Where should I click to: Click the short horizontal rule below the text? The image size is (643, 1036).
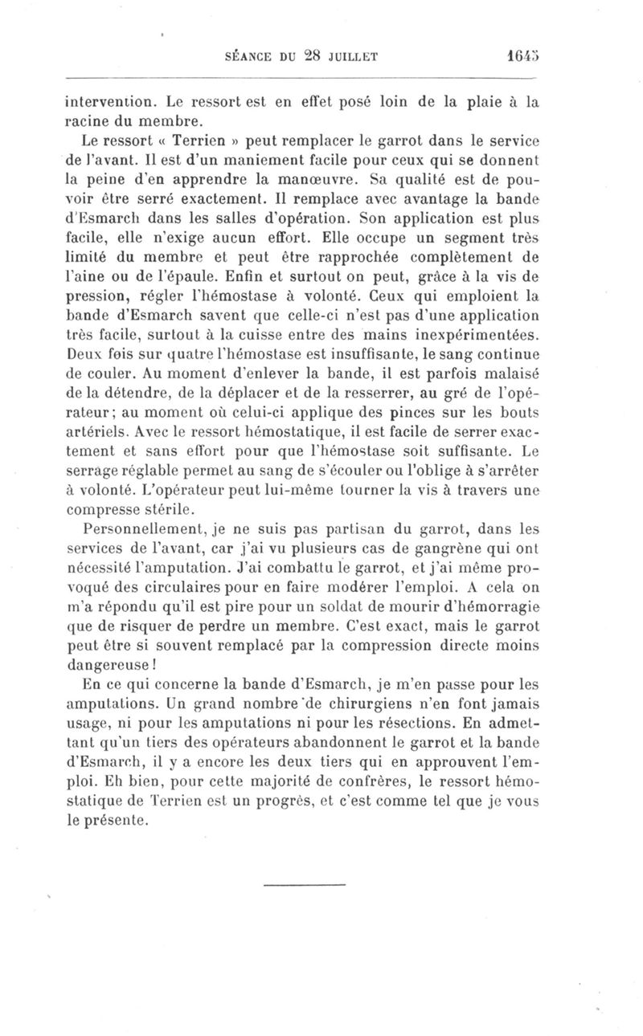coord(305,886)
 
